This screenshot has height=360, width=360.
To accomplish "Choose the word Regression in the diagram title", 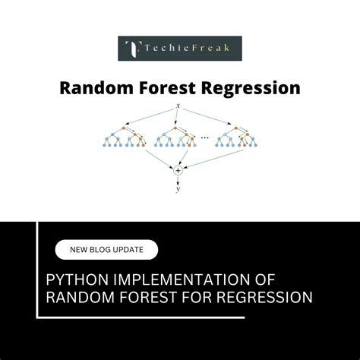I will [x=251, y=88].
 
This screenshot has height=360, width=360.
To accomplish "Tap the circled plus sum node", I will [x=178, y=171].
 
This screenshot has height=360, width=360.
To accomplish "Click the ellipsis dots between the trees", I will [x=205, y=138].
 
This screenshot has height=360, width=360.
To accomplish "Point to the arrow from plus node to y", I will [x=178, y=180].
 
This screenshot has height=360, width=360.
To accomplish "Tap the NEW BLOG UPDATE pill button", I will [x=106, y=249].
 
